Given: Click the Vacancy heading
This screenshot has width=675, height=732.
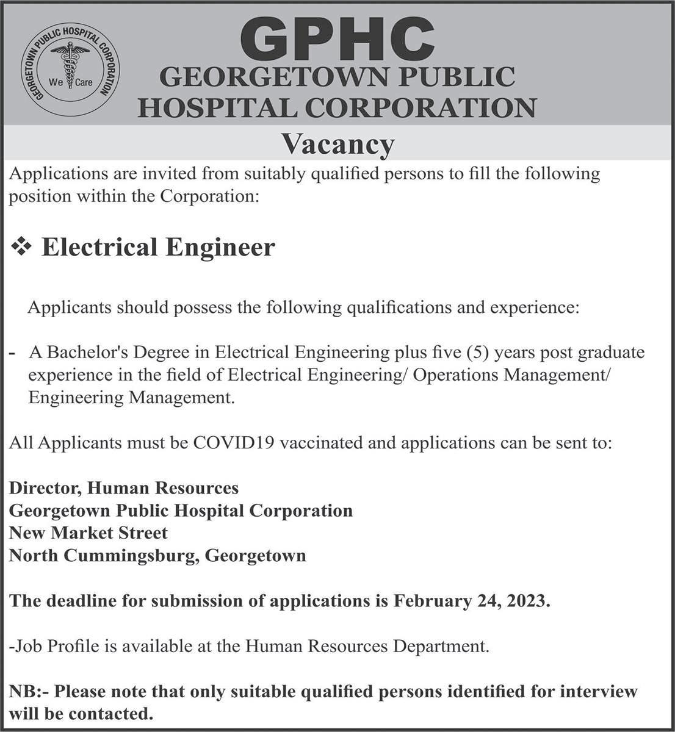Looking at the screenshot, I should [337, 145].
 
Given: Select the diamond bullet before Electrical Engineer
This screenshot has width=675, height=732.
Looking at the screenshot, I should [23, 247].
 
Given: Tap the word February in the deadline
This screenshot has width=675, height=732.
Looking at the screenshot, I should [430, 601].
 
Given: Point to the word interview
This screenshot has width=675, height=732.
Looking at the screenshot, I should [598, 692].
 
